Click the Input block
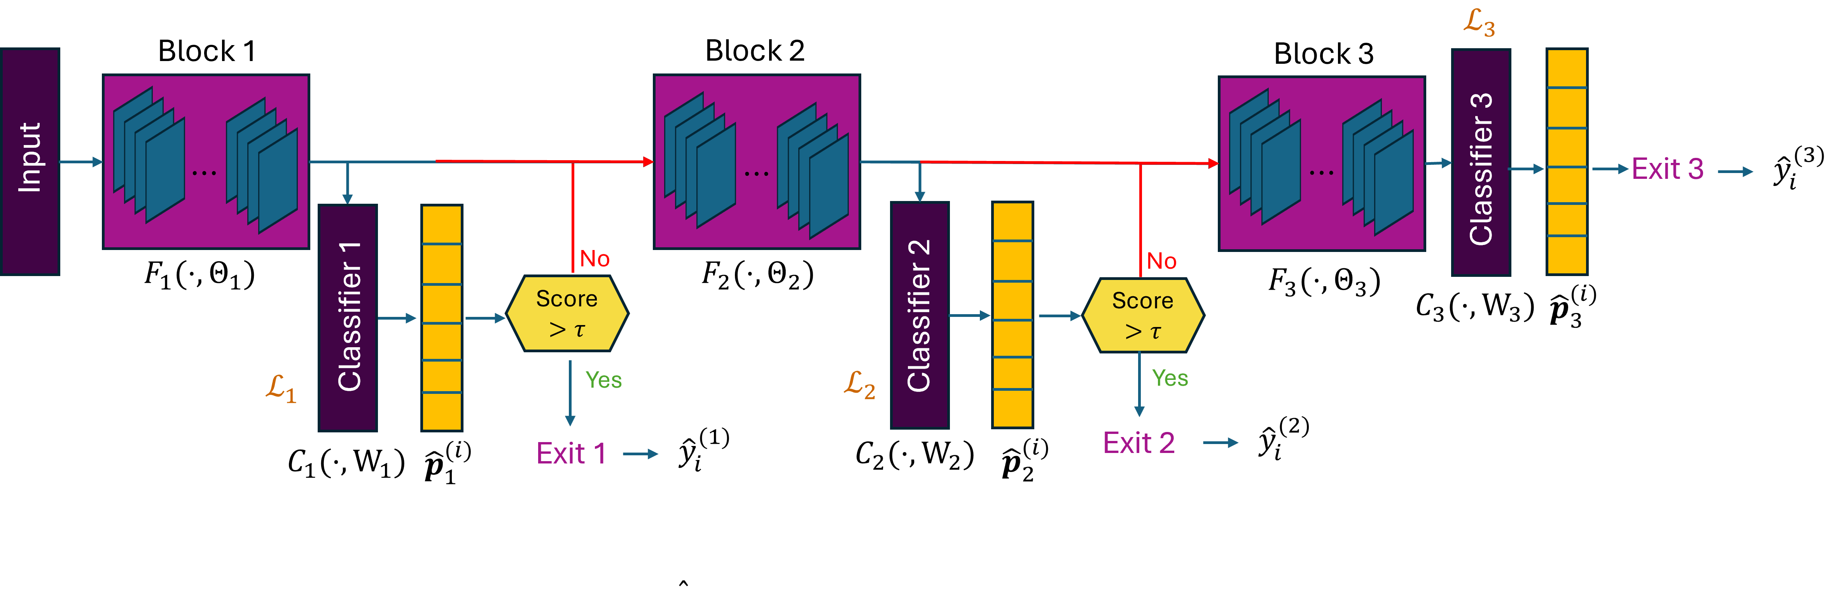tap(30, 161)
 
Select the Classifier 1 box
tap(348, 318)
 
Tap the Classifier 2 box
tap(919, 315)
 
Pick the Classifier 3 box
tap(1481, 162)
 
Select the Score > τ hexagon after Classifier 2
tap(1143, 316)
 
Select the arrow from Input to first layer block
tap(81, 162)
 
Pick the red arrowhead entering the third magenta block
tap(1213, 163)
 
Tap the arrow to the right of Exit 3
tap(1736, 171)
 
